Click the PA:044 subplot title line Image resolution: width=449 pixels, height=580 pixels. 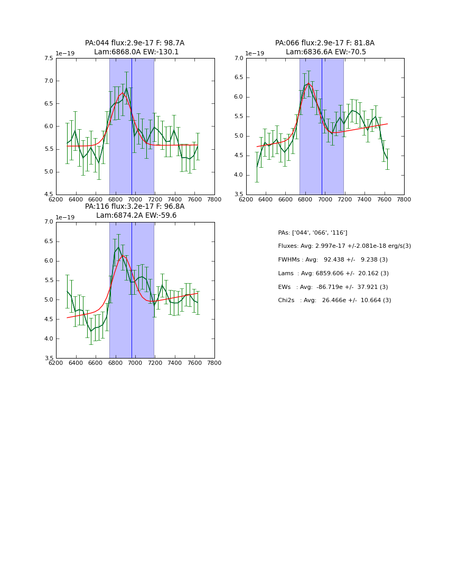(x=135, y=43)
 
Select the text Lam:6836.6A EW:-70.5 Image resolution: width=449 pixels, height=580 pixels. (x=325, y=52)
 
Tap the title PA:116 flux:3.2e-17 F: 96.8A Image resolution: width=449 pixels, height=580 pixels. (x=135, y=207)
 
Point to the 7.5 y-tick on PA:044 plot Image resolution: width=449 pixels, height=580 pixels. (x=48, y=59)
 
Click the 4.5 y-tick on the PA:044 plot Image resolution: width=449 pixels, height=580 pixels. (x=48, y=195)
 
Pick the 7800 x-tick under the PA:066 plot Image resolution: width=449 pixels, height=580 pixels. (x=404, y=199)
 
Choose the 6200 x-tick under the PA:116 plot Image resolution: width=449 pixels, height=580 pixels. (x=56, y=363)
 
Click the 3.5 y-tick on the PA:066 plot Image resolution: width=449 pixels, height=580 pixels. (x=238, y=195)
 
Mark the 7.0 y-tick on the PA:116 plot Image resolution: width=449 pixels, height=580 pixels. (x=48, y=222)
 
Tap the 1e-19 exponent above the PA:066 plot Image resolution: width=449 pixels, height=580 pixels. (x=255, y=53)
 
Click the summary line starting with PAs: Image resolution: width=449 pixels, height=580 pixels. (x=312, y=233)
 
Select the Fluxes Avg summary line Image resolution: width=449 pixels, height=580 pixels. (x=344, y=246)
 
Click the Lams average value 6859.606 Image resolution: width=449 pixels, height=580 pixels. (x=334, y=273)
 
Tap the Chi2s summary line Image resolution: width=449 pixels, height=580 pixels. (x=334, y=301)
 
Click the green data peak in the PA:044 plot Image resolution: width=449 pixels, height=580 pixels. (x=126, y=88)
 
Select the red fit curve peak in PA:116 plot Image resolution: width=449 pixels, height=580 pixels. (x=123, y=255)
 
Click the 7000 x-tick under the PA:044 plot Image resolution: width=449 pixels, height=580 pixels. (x=135, y=199)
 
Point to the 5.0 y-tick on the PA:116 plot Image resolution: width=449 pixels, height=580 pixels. (x=48, y=300)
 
